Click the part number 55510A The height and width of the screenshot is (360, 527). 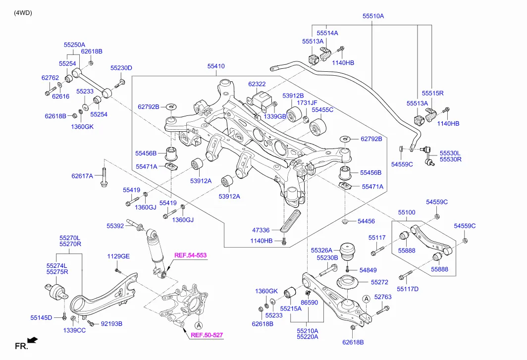click(x=373, y=16)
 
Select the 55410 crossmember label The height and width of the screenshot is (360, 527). click(x=215, y=66)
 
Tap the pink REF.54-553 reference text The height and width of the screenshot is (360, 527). click(x=190, y=256)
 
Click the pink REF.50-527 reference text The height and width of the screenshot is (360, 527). click(x=207, y=335)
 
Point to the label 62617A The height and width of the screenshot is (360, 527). click(x=82, y=176)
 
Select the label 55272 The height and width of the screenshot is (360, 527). click(x=380, y=282)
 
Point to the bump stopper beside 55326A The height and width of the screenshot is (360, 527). click(x=351, y=250)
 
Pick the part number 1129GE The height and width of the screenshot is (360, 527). click(x=118, y=256)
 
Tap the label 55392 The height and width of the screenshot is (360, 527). click(x=115, y=226)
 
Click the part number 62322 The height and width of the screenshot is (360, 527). click(x=257, y=84)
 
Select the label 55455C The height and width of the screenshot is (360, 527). click(x=323, y=109)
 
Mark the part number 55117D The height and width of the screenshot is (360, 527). click(x=408, y=289)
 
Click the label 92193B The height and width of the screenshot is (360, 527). click(x=111, y=324)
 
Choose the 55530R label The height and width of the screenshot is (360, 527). click(x=451, y=159)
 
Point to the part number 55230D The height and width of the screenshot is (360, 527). click(x=121, y=68)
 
